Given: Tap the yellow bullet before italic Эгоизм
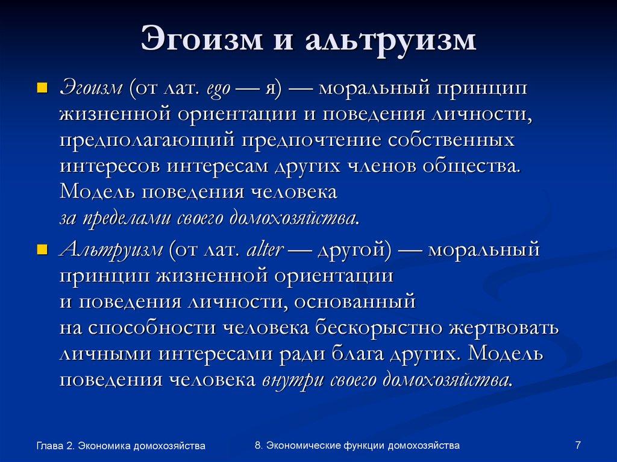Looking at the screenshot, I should [x=42, y=88].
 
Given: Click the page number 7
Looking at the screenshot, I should [x=578, y=445].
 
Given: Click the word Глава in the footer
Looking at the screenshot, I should [x=49, y=446].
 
